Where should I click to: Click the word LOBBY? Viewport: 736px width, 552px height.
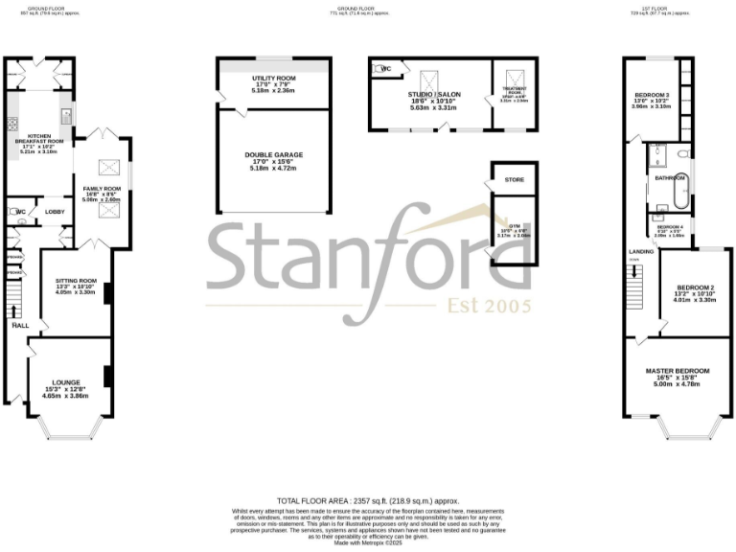(54, 212)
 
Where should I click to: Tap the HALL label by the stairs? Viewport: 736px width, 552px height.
(20, 326)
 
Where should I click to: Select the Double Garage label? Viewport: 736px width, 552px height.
(273, 154)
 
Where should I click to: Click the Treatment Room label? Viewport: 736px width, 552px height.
(514, 90)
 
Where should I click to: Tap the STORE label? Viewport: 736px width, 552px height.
(514, 178)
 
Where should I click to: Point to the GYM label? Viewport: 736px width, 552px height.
(516, 226)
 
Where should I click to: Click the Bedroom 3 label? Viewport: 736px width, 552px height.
(651, 95)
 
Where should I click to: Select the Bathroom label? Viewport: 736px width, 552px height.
(669, 178)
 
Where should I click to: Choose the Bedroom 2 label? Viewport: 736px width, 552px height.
(695, 287)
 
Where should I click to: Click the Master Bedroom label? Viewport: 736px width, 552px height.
(678, 371)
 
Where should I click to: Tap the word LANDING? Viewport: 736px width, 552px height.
(642, 251)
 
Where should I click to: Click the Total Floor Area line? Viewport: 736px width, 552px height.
(368, 501)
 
